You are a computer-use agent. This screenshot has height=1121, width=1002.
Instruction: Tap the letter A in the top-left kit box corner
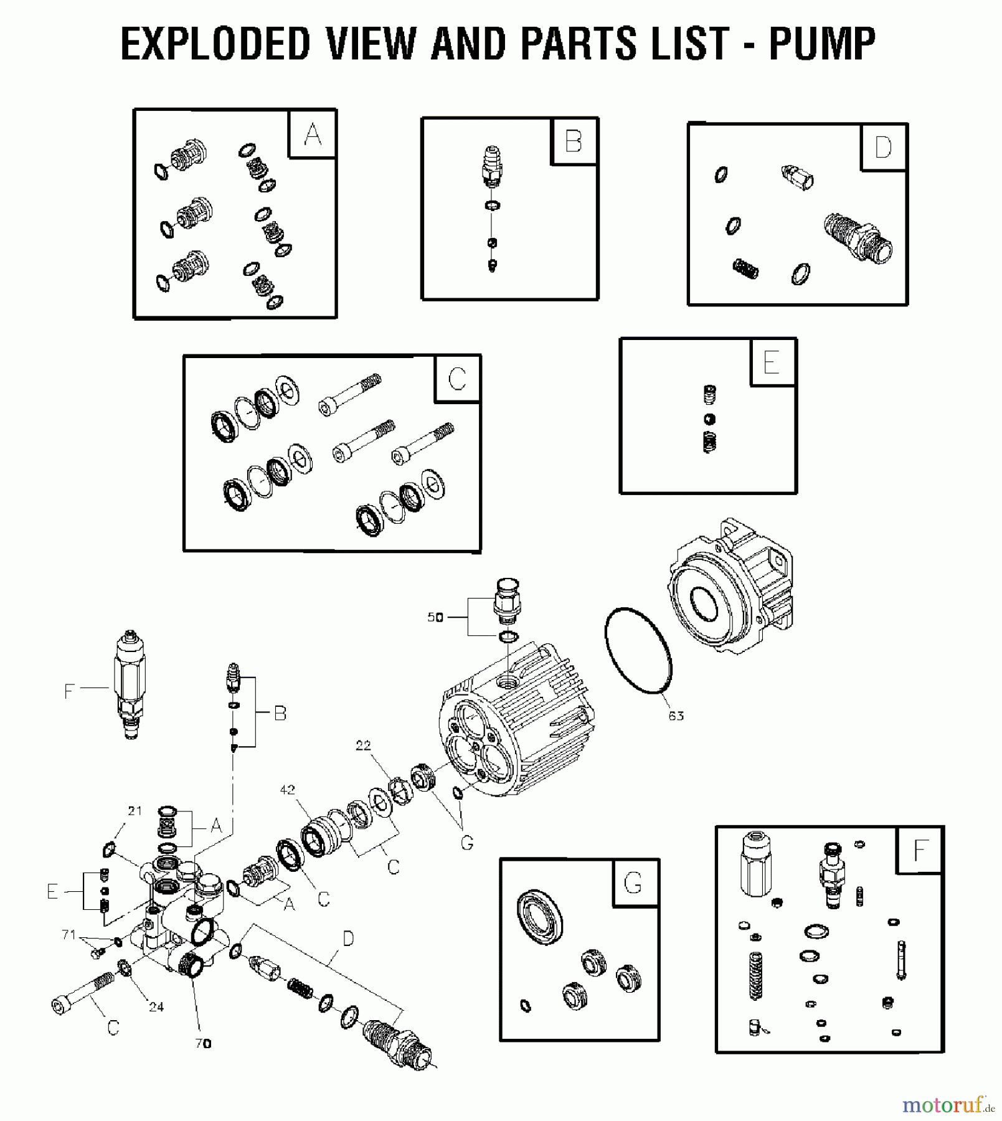point(313,135)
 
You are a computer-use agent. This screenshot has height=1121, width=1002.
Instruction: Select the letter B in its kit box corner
point(573,141)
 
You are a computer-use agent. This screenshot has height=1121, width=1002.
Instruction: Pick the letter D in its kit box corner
point(883,148)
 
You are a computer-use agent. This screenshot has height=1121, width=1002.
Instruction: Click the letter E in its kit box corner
point(771,362)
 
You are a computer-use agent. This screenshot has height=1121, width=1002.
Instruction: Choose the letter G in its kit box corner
point(633,884)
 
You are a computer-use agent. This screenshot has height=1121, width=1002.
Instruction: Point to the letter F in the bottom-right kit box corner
point(920,851)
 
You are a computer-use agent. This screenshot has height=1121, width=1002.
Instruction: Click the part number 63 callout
point(676,716)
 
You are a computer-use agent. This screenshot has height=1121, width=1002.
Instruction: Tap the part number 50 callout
point(435,617)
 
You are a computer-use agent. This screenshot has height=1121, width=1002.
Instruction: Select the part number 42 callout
point(287,790)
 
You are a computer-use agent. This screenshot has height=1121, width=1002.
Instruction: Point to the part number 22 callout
point(363,745)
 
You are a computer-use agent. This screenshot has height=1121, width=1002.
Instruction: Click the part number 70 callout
point(203,1044)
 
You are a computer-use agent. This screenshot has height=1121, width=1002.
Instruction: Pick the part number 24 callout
point(156,1007)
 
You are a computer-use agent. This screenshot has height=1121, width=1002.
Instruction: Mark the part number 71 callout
point(69,935)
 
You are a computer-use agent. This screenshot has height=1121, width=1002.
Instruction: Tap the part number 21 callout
point(135,811)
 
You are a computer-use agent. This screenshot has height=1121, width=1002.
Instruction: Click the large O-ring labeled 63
point(638,650)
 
